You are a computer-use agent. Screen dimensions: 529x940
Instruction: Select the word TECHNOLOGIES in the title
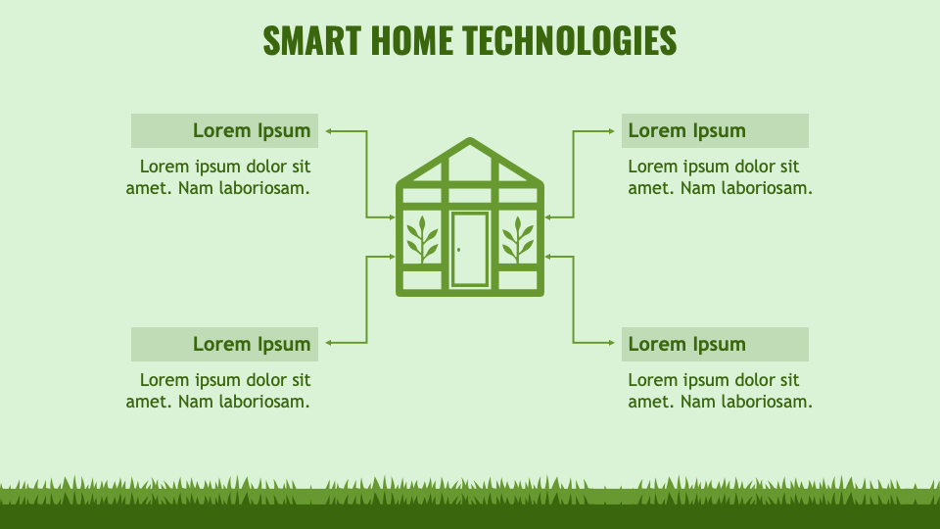coord(569,41)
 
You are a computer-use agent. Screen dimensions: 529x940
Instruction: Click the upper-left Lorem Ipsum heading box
coord(224,130)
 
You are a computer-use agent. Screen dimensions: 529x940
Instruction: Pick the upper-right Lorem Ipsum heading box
coord(715,130)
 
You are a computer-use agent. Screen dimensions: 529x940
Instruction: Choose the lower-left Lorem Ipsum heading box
coord(224,344)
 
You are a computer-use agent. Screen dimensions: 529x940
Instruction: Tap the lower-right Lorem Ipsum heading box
coord(715,344)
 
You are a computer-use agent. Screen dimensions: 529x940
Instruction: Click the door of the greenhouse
coord(470,249)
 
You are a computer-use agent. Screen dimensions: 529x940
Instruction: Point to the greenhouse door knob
coord(458,250)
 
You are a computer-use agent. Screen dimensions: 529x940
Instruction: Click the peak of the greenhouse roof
coord(470,143)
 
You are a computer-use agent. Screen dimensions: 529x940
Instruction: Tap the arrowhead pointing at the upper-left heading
coord(329,130)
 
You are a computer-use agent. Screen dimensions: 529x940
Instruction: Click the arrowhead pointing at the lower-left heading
coord(329,343)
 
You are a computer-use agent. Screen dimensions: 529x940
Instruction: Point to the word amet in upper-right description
coord(648,188)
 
